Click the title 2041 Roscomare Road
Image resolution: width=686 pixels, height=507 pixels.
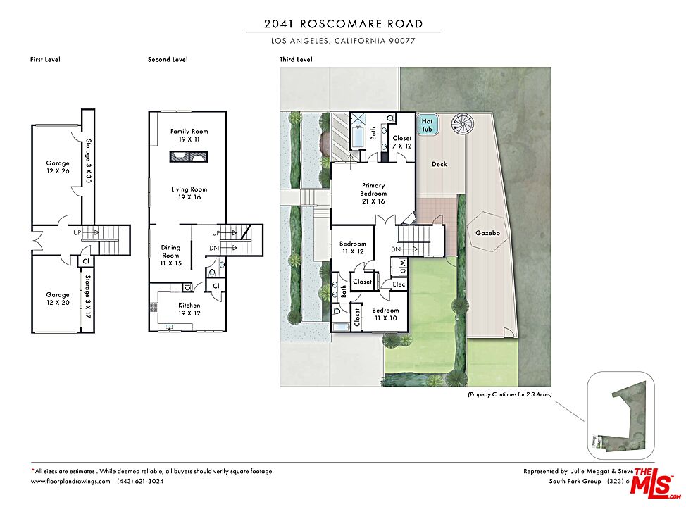[343, 23]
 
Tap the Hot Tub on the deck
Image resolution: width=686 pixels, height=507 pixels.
[427, 125]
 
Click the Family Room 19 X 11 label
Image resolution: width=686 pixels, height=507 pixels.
[189, 135]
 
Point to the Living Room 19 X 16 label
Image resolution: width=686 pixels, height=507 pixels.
[189, 193]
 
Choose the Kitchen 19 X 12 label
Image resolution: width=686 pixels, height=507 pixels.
[189, 309]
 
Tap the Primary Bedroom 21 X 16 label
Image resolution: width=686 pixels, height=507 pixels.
[373, 193]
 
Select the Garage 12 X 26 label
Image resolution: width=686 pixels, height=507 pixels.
[58, 166]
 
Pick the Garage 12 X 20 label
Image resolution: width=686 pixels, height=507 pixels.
[58, 299]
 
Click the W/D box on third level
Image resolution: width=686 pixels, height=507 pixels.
[401, 265]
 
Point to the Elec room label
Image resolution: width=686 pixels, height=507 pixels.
[399, 284]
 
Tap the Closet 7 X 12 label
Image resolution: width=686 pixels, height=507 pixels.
[402, 142]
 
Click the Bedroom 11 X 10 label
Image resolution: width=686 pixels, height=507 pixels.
[385, 314]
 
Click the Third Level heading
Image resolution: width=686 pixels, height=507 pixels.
[295, 60]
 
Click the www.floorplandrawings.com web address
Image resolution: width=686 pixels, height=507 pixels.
[70, 482]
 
